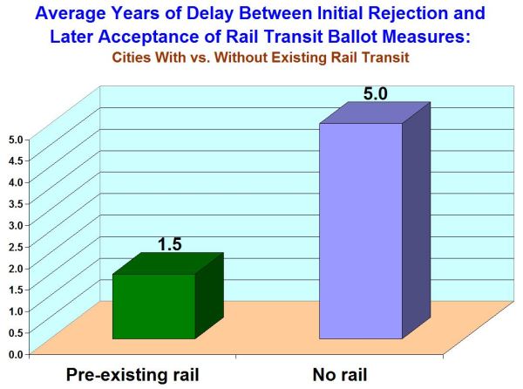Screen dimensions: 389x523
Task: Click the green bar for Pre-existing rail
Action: [x=153, y=306]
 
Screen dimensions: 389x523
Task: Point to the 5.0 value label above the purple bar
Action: [x=376, y=92]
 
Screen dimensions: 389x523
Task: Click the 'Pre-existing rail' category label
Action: [x=133, y=376]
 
